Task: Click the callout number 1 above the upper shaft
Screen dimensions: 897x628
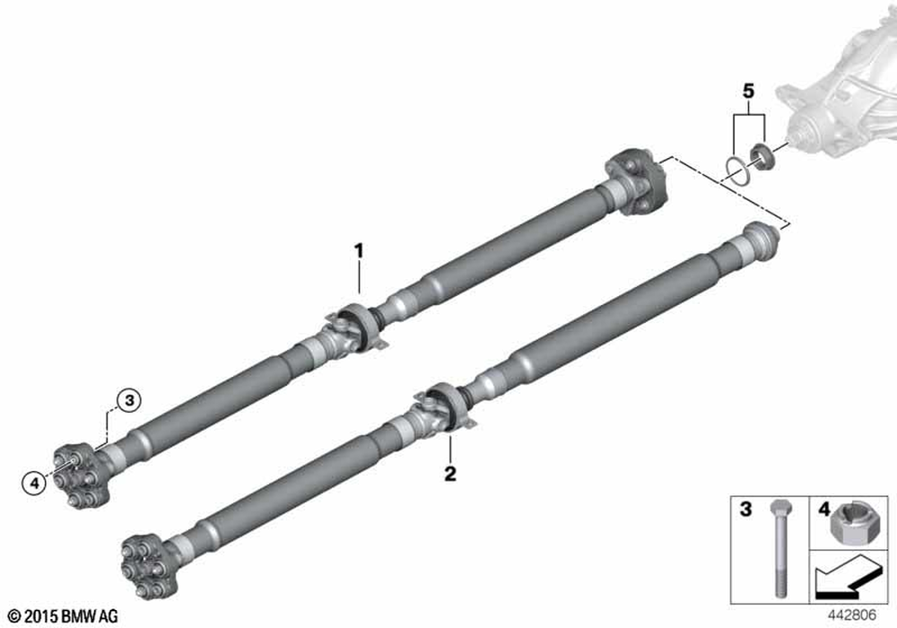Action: point(359,250)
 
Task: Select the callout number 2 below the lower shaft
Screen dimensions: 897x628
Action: point(450,474)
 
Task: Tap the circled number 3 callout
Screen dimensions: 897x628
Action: point(129,400)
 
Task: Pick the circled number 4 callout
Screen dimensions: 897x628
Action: point(34,484)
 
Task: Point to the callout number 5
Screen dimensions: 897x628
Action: point(748,91)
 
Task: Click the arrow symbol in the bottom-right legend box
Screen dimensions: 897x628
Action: point(848,580)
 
